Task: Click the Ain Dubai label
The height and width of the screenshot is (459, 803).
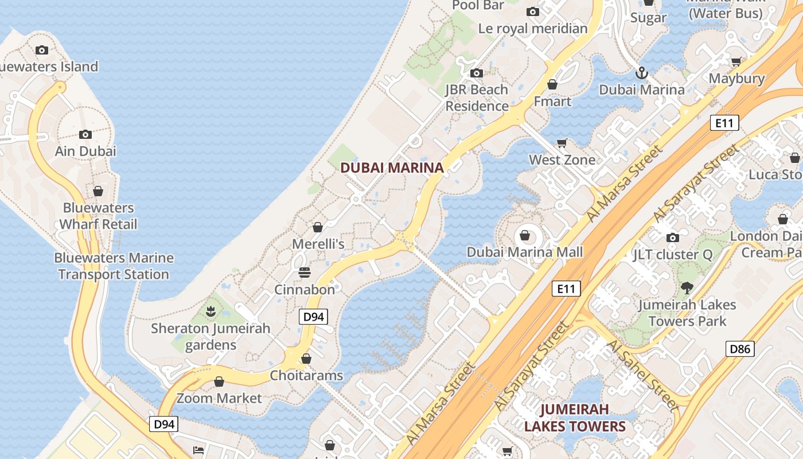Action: pyautogui.click(x=85, y=151)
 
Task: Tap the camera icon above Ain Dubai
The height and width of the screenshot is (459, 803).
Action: pyautogui.click(x=85, y=135)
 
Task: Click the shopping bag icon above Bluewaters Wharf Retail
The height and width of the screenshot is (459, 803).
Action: pyautogui.click(x=98, y=191)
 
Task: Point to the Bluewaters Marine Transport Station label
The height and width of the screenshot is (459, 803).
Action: pyautogui.click(x=114, y=266)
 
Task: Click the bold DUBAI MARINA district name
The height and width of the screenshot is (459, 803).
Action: pyautogui.click(x=392, y=168)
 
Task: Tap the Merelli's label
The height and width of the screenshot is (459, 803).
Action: pyautogui.click(x=318, y=244)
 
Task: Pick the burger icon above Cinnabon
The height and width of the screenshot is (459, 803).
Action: pyautogui.click(x=304, y=272)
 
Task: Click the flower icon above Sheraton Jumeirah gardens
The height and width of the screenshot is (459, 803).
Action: pyautogui.click(x=211, y=312)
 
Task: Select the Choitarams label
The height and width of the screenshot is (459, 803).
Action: pyautogui.click(x=307, y=376)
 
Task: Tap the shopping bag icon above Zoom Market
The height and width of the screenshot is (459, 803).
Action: pyautogui.click(x=219, y=382)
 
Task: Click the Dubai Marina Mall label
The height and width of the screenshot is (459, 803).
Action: pyautogui.click(x=525, y=252)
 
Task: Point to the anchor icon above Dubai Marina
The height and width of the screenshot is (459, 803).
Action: pyautogui.click(x=641, y=73)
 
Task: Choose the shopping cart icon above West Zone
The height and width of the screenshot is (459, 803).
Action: pyautogui.click(x=562, y=143)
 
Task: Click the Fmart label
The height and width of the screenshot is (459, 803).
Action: pyautogui.click(x=552, y=102)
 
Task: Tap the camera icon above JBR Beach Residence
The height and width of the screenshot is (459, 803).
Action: pyautogui.click(x=477, y=73)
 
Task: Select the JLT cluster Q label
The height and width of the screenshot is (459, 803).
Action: pyautogui.click(x=673, y=255)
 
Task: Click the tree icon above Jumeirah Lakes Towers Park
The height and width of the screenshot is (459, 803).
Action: pyautogui.click(x=687, y=288)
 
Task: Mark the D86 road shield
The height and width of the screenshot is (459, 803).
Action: pyautogui.click(x=740, y=348)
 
